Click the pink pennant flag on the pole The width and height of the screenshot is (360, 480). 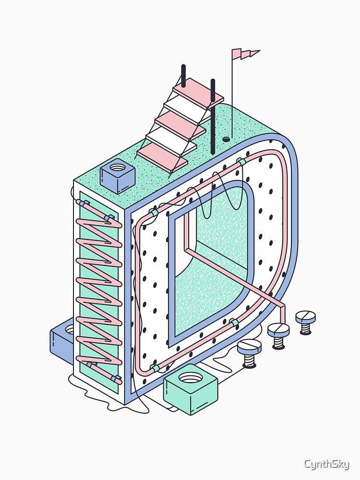point(243,54)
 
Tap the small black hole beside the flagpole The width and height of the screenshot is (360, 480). point(226,139)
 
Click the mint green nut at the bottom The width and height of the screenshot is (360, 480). point(191,389)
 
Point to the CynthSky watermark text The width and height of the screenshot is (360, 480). point(326,464)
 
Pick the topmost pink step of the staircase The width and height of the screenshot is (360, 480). point(198,91)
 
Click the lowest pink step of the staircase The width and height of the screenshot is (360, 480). point(163,157)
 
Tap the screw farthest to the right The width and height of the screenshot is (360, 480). point(305,322)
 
